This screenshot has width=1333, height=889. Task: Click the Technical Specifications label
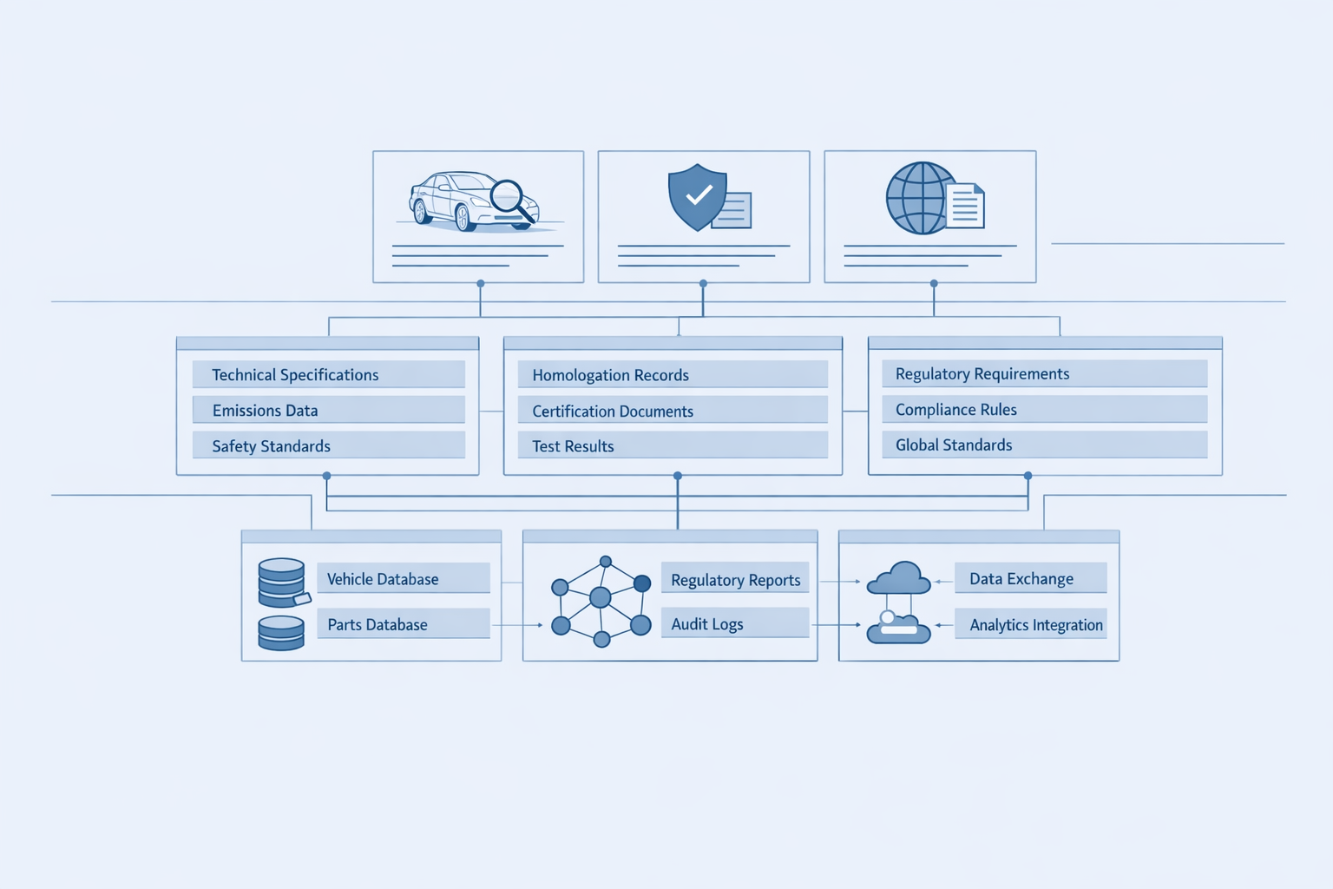(295, 375)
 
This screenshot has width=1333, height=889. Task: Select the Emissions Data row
(265, 411)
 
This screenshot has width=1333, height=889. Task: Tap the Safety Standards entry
(271, 446)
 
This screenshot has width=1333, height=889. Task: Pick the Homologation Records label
(610, 375)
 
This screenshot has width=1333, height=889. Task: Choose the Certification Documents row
(613, 412)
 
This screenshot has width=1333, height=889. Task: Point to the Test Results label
(573, 446)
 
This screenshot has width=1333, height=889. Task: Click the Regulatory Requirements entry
(982, 374)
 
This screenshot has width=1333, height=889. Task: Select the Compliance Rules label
(955, 410)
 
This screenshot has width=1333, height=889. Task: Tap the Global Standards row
(953, 445)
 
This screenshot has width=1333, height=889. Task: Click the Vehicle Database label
(383, 579)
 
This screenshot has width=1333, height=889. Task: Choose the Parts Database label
(378, 625)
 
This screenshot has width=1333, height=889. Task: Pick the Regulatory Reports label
(735, 580)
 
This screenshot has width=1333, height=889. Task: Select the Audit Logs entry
(706, 624)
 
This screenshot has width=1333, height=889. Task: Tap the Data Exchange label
(1021, 579)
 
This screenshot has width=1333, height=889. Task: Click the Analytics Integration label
(1035, 625)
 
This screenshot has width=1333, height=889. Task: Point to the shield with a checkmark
(697, 197)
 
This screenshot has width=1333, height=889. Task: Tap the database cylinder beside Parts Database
(281, 633)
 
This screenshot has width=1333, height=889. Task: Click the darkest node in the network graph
(642, 583)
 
